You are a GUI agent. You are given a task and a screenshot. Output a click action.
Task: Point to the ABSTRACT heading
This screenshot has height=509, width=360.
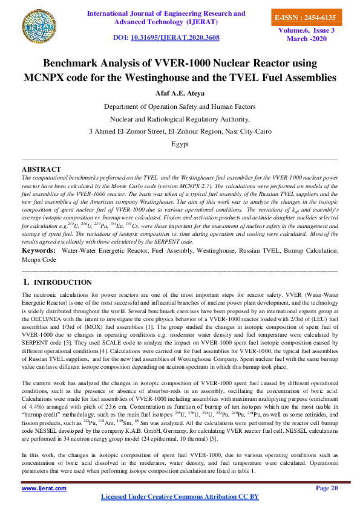pyautogui.click(x=41, y=169)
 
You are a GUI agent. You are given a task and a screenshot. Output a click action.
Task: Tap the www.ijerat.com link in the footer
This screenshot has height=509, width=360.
pyautogui.click(x=44, y=488)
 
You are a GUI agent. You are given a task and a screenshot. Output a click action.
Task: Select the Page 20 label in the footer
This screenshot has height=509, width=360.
pyautogui.click(x=327, y=488)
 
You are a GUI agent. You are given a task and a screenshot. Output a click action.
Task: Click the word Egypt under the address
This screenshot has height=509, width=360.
pyautogui.click(x=180, y=144)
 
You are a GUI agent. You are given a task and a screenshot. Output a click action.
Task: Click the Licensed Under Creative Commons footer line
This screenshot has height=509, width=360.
pyautogui.click(x=180, y=497)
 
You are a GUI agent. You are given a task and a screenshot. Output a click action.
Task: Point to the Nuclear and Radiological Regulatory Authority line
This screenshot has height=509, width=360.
pyautogui.click(x=180, y=118)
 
